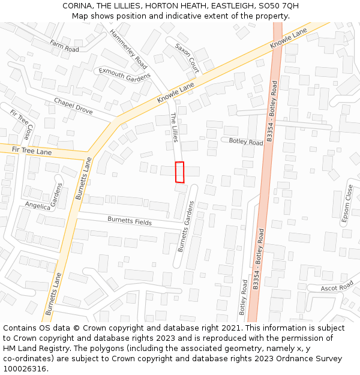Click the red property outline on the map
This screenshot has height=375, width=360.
click(x=179, y=172)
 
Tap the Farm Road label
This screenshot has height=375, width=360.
click(x=65, y=46)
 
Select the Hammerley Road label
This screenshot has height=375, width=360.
click(x=128, y=48)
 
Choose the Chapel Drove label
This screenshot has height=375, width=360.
click(x=73, y=106)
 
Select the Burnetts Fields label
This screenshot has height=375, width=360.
click(x=130, y=221)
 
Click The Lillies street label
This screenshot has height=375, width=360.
click(x=174, y=127)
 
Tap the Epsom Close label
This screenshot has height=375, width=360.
click(x=347, y=205)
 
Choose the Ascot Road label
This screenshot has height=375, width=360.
click(x=337, y=288)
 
